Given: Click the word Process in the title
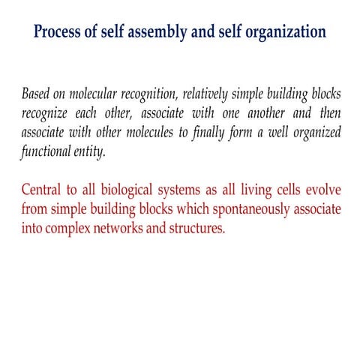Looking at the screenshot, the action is (x=62, y=32).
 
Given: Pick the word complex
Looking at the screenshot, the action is (x=70, y=227).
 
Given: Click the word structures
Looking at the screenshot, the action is (x=198, y=227).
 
